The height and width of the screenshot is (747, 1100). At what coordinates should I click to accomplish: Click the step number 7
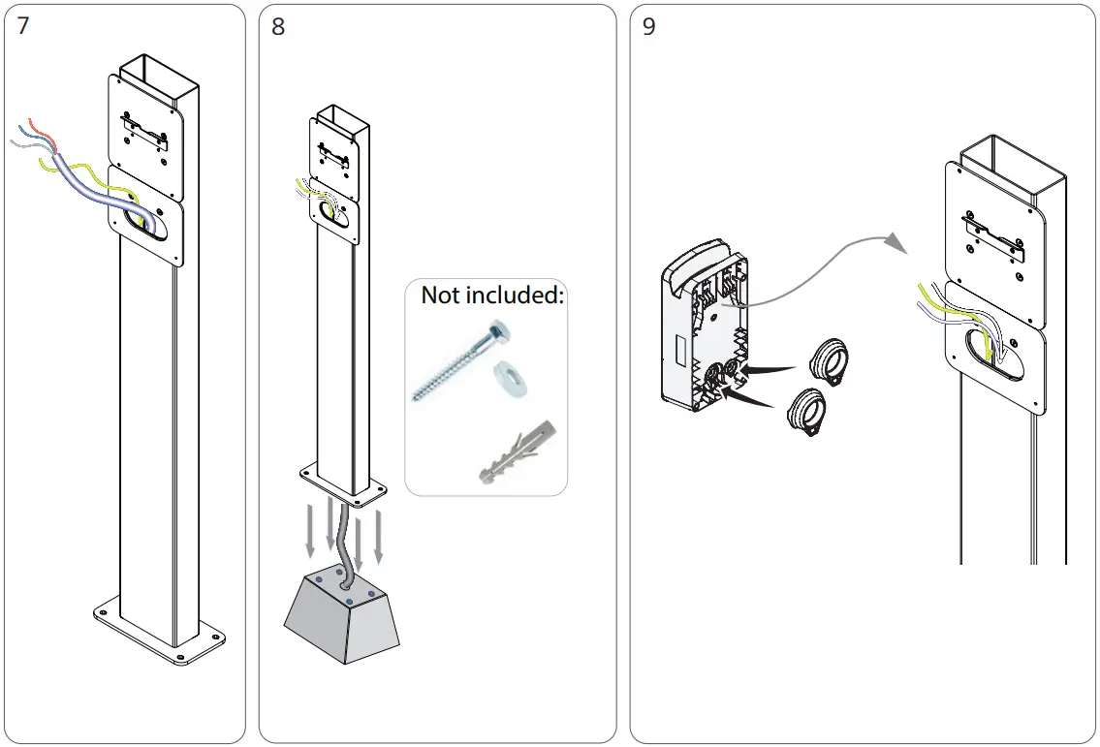pos(24,26)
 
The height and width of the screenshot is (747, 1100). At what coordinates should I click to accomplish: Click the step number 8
pos(278,26)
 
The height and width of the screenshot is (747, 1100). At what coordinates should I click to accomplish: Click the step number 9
pos(649,26)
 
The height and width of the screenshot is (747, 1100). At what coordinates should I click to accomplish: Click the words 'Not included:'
pos(491,296)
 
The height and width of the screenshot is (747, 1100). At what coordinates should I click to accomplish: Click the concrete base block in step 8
pos(342,620)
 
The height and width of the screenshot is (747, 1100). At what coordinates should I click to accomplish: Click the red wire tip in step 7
pos(33,122)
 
